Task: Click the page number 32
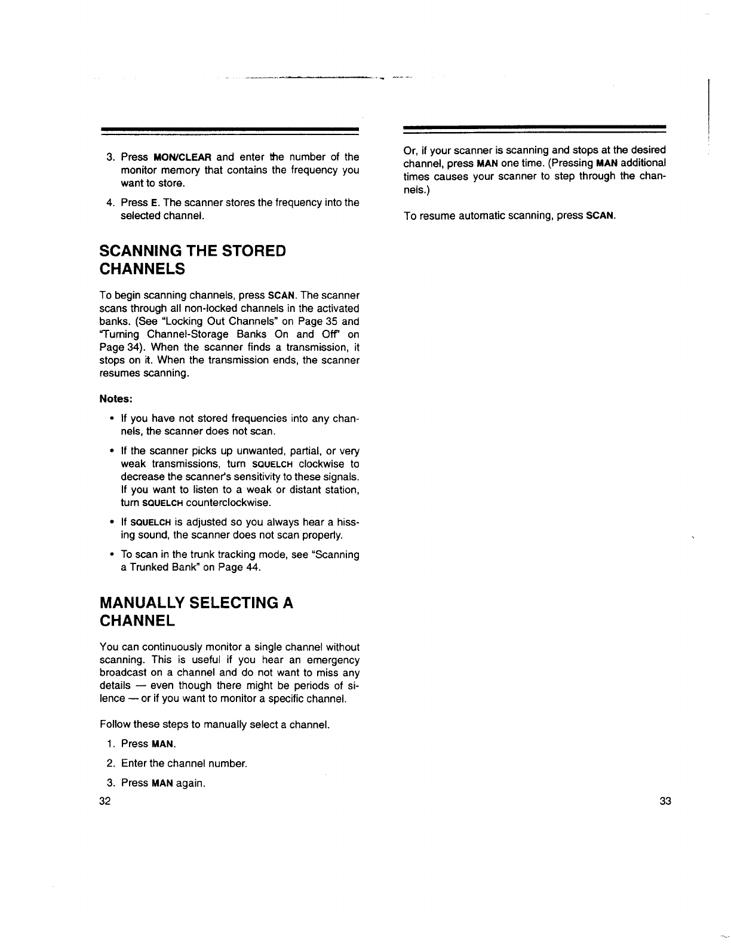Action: pyautogui.click(x=105, y=801)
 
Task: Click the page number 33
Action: pyautogui.click(x=665, y=801)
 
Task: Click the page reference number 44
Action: pyautogui.click(x=253, y=568)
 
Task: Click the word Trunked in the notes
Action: pyautogui.click(x=148, y=568)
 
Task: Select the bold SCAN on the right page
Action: pyautogui.click(x=600, y=216)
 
